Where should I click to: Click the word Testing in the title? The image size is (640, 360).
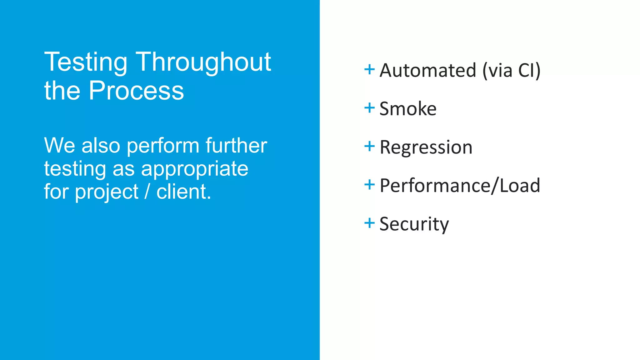(86, 62)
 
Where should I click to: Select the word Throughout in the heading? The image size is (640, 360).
(203, 62)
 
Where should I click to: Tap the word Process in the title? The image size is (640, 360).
(136, 91)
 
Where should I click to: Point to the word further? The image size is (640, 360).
(236, 146)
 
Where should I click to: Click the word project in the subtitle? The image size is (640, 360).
(106, 192)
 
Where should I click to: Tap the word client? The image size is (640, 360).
(183, 192)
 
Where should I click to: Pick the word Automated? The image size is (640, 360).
(428, 70)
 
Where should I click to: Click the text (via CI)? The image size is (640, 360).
(511, 71)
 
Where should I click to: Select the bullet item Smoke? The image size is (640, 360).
(408, 109)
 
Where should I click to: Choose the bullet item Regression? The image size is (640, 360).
(426, 147)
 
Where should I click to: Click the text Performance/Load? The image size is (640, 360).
(460, 186)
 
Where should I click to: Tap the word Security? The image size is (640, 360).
(414, 224)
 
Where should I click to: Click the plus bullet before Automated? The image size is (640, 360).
(369, 69)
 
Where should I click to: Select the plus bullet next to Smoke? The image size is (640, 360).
(369, 108)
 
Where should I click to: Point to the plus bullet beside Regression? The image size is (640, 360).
(369, 146)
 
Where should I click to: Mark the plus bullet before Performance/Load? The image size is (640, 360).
(369, 185)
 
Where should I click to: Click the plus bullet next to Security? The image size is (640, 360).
(369, 223)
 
